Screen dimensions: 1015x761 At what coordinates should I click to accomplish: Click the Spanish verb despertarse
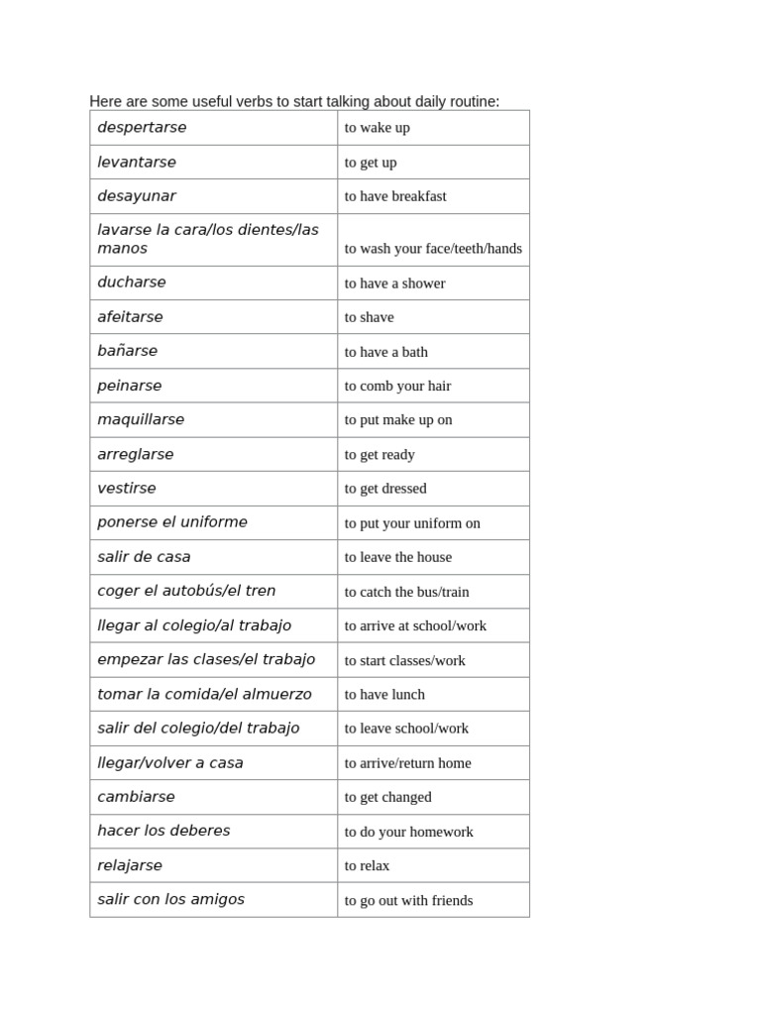tap(142, 128)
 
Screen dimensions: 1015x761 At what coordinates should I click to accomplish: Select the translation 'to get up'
tap(371, 163)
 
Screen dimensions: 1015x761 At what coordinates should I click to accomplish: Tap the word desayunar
tap(137, 196)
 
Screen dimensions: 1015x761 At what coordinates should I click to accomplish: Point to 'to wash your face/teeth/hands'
tap(433, 249)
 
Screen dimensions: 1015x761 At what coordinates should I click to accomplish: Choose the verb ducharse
tap(132, 282)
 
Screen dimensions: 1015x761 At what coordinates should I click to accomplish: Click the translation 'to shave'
tap(369, 317)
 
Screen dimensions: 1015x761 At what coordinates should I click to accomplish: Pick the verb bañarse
tap(127, 351)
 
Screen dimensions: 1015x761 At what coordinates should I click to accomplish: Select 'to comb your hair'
tap(397, 386)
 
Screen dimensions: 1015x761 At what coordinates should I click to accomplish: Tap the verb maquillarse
tap(141, 419)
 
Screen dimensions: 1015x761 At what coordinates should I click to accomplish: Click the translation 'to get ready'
tap(380, 455)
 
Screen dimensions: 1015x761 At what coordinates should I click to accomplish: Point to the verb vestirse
tap(127, 489)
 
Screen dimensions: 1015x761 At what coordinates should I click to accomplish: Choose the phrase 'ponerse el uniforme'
tap(172, 522)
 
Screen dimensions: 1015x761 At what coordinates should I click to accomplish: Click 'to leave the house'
tap(398, 557)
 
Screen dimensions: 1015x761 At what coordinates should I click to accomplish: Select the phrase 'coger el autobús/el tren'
tap(186, 591)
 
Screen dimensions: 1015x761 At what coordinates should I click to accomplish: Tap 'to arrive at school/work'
tap(415, 625)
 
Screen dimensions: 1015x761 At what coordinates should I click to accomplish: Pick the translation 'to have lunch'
tap(384, 695)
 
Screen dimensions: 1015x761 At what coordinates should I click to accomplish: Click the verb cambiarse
tap(136, 797)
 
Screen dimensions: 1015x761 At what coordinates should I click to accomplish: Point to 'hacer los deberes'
tap(163, 831)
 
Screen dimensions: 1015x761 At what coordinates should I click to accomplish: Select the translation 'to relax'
tap(367, 865)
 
